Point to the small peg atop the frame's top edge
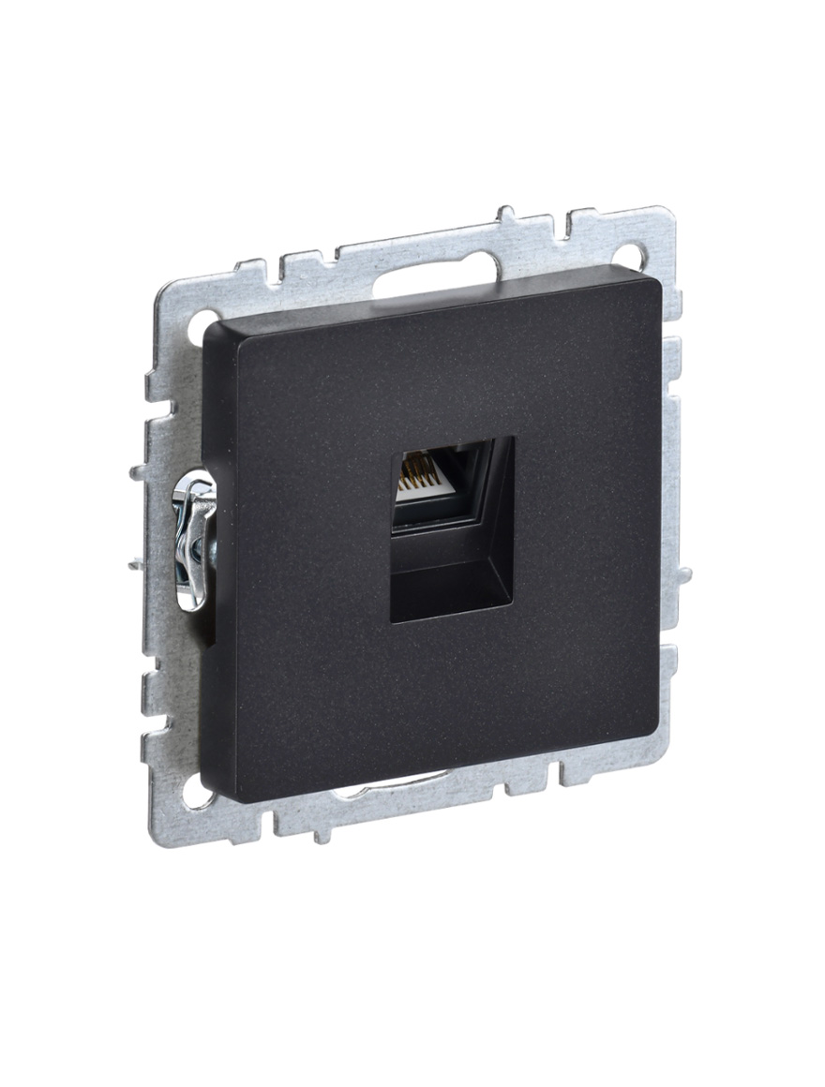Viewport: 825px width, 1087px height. tap(507, 215)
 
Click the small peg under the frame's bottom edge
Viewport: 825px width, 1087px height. tap(321, 833)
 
